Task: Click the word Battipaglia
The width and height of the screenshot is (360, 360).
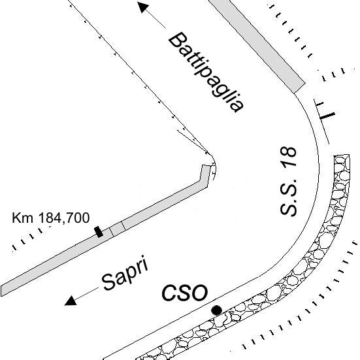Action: point(206,73)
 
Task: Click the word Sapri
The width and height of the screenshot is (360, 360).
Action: point(125,272)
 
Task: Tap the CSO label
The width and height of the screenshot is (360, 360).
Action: point(185,293)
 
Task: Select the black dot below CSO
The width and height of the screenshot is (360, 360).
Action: point(216,310)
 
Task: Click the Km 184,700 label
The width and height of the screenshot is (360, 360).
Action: point(50,218)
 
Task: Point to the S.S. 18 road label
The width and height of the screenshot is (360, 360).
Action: point(288,181)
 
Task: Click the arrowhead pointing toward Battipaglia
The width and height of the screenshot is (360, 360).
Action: point(143,7)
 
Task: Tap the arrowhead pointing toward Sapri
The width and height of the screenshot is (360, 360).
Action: point(71,301)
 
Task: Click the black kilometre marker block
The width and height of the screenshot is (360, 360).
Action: point(99,232)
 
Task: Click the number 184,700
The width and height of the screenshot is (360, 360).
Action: point(64,218)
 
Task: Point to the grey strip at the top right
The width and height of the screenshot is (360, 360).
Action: point(257,46)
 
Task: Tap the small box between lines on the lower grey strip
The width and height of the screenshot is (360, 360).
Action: point(117,229)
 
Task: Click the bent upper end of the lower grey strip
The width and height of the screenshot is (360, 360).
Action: point(205,175)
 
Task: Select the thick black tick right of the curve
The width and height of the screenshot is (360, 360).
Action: point(327,116)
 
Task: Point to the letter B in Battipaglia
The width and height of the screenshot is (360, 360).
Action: point(178,41)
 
